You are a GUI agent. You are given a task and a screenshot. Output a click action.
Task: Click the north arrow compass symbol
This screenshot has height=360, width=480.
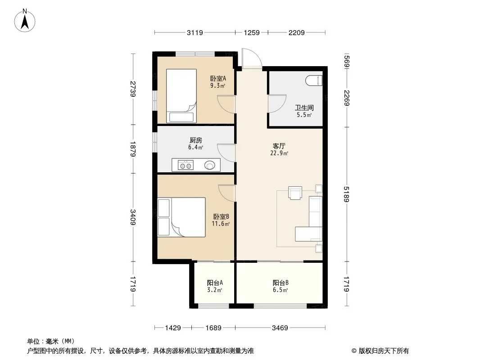pos(25,21)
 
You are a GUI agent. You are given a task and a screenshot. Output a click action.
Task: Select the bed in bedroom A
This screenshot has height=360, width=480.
pos(181,96)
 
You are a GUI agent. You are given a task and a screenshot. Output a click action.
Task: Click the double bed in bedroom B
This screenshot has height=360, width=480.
pos(181,217)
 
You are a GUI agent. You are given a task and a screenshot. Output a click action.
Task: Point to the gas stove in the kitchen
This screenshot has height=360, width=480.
pos(186,165)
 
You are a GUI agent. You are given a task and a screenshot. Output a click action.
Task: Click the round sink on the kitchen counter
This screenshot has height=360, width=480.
pos(210,165)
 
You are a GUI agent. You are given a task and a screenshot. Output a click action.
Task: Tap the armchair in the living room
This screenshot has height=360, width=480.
pos(295,193)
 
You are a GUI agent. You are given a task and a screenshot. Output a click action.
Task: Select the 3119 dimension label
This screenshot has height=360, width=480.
pos(195,32)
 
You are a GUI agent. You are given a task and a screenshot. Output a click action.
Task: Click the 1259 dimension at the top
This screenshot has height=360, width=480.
pos(252,32)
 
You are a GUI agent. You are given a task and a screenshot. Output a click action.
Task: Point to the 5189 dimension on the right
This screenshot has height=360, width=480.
pos(346,194)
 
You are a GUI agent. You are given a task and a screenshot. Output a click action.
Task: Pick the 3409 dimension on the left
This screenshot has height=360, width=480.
pos(132,217)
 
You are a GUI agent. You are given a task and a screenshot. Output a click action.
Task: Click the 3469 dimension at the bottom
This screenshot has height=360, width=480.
pos(280,328)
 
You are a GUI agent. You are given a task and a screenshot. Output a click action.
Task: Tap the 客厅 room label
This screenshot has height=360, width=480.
pos(279,146)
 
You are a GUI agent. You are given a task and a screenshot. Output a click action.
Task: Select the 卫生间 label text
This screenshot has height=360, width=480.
pos(304,108)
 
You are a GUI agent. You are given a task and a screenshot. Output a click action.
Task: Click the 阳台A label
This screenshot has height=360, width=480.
pos(215,283)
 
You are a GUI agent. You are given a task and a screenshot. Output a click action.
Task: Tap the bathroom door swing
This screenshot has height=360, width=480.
pos(277,103)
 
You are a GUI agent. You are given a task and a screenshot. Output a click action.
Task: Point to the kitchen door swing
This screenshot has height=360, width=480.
pos(226,153)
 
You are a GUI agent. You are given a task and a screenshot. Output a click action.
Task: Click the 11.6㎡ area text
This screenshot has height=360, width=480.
pos(221,224)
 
